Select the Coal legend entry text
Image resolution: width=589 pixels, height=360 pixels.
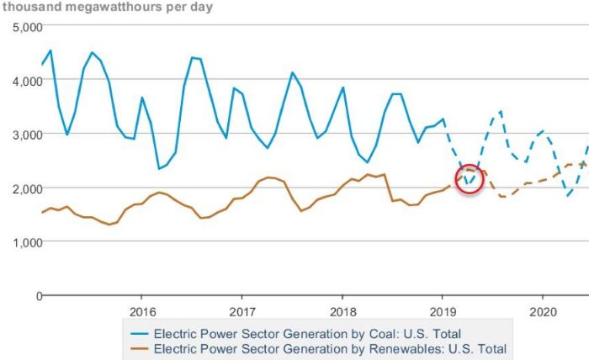tap(307, 333)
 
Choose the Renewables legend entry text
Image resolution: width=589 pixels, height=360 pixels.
tap(330, 347)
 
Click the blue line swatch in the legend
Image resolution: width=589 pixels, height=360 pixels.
tap(138, 333)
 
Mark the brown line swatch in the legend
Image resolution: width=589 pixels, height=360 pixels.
tap(138, 347)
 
